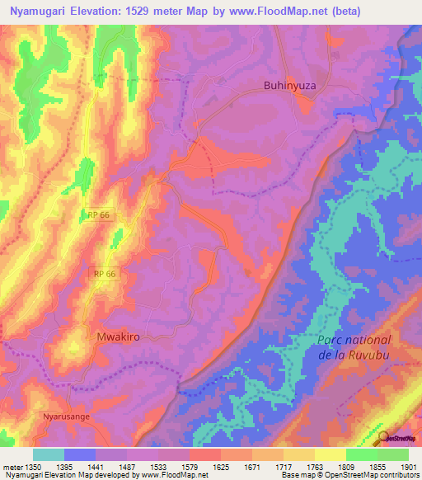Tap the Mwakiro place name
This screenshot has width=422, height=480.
115,336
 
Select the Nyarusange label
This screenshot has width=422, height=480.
63,417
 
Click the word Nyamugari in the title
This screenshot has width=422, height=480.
38,12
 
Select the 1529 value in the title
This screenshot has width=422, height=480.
125,12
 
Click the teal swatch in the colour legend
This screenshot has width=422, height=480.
49,454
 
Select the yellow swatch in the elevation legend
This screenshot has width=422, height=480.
331,454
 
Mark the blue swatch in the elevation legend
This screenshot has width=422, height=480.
80,454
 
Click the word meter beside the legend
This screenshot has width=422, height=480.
13,468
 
